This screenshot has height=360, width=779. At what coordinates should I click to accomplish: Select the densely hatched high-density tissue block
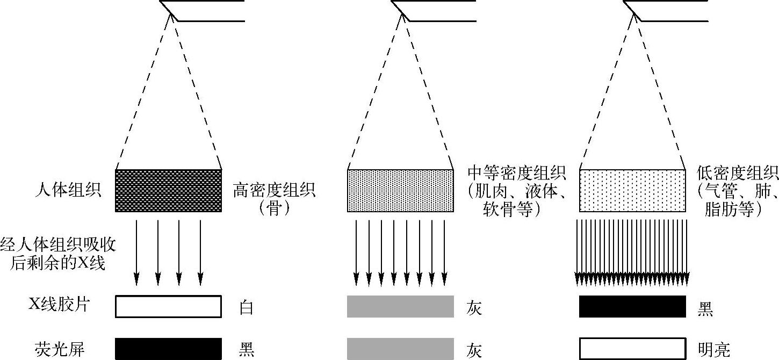(168, 191)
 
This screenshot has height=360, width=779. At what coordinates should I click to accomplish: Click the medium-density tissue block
(400, 191)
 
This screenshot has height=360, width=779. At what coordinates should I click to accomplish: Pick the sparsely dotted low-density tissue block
(632, 191)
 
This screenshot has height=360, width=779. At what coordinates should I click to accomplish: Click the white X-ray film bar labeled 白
(168, 306)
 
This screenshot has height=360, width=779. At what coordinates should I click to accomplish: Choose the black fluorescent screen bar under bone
(168, 349)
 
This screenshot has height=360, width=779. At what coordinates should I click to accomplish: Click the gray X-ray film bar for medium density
(400, 306)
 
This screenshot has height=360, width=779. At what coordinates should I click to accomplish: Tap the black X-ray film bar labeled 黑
(632, 306)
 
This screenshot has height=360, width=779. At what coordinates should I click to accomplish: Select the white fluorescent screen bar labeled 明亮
(632, 349)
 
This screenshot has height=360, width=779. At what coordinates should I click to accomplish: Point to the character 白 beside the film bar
(246, 308)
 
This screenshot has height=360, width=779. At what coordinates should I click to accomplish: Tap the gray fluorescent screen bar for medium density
(400, 349)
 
